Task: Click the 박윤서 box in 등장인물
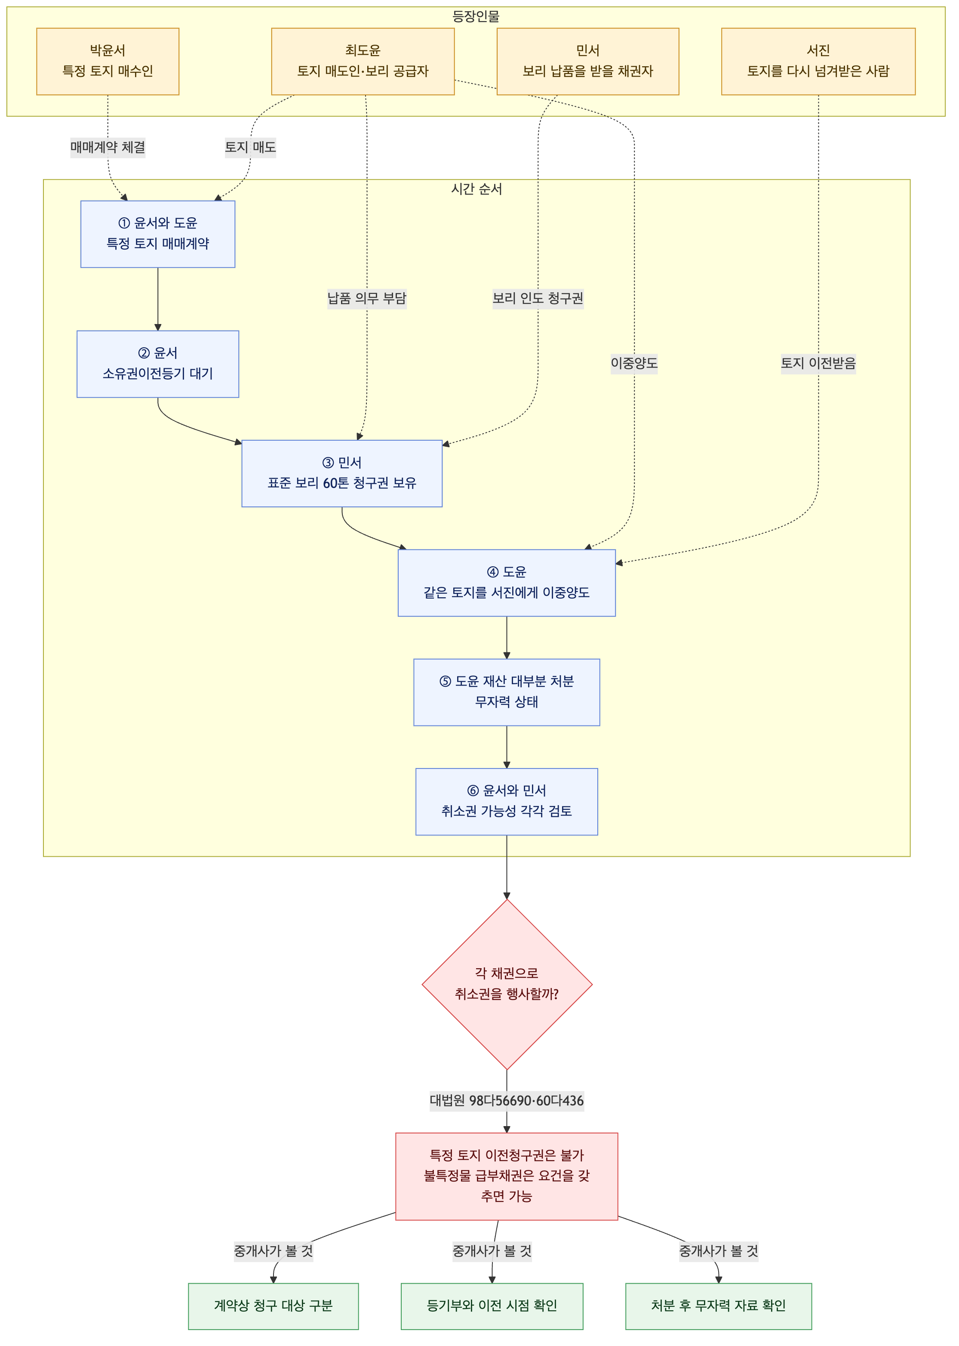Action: (108, 62)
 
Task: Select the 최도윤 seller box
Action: (363, 62)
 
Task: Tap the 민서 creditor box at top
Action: (587, 62)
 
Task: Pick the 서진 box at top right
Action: (818, 62)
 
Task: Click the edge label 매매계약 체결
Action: (108, 147)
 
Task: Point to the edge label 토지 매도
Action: (250, 147)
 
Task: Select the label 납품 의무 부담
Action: (367, 298)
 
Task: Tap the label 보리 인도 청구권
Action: (538, 298)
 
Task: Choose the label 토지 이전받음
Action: (818, 363)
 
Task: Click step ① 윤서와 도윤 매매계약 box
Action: (158, 234)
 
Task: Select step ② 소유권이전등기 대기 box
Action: (158, 364)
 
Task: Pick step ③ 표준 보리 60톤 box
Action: (342, 473)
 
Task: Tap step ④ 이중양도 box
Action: (507, 583)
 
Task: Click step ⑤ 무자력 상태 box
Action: (507, 692)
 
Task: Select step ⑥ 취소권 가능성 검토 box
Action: (507, 801)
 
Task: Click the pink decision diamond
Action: (507, 985)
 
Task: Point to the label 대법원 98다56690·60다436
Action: (507, 1100)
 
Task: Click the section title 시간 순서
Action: (476, 189)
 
